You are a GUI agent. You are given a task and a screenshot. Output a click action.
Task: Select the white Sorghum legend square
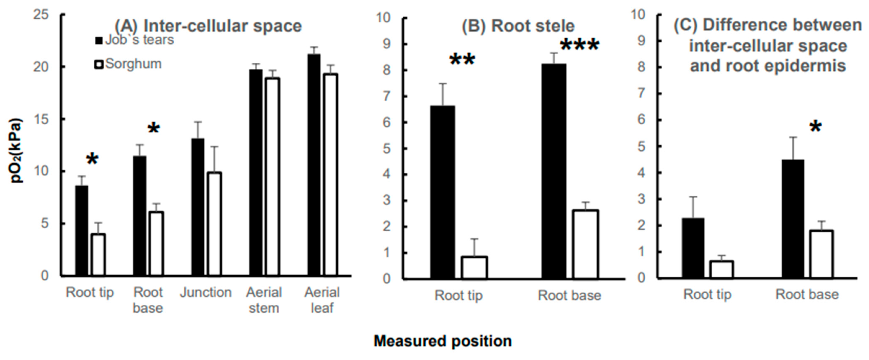point(99,65)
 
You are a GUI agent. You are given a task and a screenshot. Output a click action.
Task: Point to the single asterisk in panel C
point(816,127)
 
